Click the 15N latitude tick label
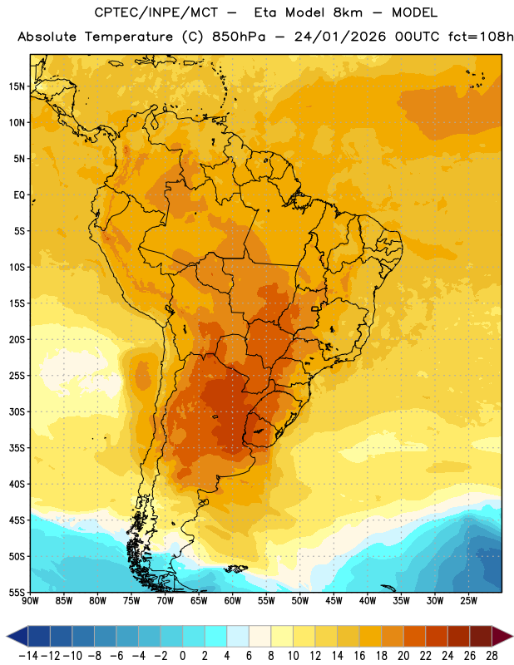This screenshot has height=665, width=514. tap(17, 86)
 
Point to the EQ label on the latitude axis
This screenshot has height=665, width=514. tap(19, 195)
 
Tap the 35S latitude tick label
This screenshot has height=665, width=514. tap(17, 448)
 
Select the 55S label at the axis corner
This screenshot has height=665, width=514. tap(17, 592)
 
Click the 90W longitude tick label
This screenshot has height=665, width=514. tap(30, 601)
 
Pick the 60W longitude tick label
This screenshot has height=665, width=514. tap(233, 601)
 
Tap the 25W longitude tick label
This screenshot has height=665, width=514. tap(468, 601)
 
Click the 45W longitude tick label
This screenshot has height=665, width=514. tap(334, 601)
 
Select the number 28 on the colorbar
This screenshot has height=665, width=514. tap(492, 656)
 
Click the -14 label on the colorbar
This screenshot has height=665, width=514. tap(28, 656)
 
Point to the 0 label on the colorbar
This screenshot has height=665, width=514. tap(182, 656)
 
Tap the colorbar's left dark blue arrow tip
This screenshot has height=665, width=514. tap(7, 637)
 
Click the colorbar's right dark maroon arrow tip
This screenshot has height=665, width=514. tap(512, 637)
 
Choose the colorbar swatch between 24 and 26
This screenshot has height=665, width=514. tap(458, 637)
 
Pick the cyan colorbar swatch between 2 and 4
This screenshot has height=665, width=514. tap(215, 637)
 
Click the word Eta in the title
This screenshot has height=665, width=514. tap(265, 12)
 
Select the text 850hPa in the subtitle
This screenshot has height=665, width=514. tap(239, 37)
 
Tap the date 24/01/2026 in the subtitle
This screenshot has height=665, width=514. tap(340, 37)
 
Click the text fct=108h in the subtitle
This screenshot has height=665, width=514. tap(481, 37)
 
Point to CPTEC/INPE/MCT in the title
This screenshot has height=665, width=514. tap(156, 12)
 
